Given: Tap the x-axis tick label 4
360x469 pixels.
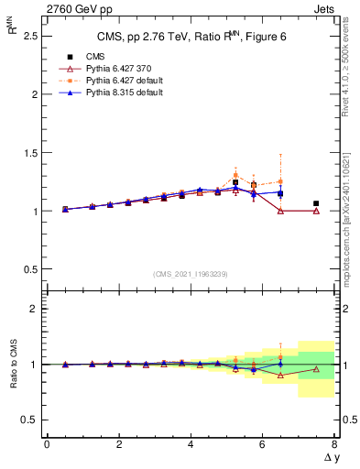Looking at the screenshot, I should [191, 444].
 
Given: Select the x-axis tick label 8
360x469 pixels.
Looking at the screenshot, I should [333, 444].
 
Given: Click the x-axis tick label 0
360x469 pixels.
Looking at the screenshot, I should [47, 444].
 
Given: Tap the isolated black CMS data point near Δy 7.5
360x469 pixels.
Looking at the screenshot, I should [316, 203].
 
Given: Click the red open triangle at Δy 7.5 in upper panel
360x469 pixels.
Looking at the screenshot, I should [316, 211].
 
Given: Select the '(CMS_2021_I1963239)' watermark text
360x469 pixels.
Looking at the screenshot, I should [191, 274].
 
